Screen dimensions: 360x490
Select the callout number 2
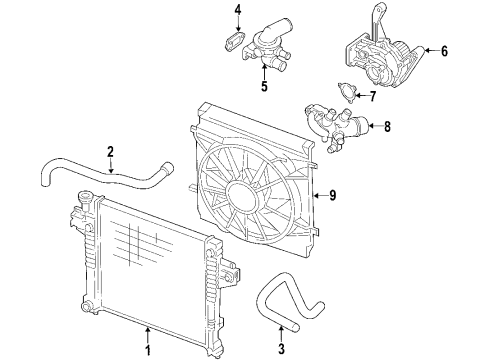(x=109, y=151)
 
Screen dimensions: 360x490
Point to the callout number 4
(x=238, y=11)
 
